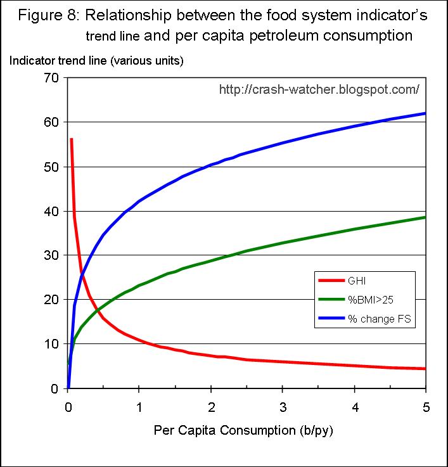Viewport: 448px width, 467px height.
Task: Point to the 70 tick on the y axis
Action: click(51, 78)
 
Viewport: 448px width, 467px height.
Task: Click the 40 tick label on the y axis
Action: click(51, 211)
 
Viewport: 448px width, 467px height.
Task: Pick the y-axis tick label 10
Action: click(51, 344)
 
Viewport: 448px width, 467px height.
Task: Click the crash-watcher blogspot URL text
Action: click(319, 90)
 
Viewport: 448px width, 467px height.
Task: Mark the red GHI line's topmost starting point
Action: click(71, 139)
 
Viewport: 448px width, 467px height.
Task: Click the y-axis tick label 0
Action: click(54, 388)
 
